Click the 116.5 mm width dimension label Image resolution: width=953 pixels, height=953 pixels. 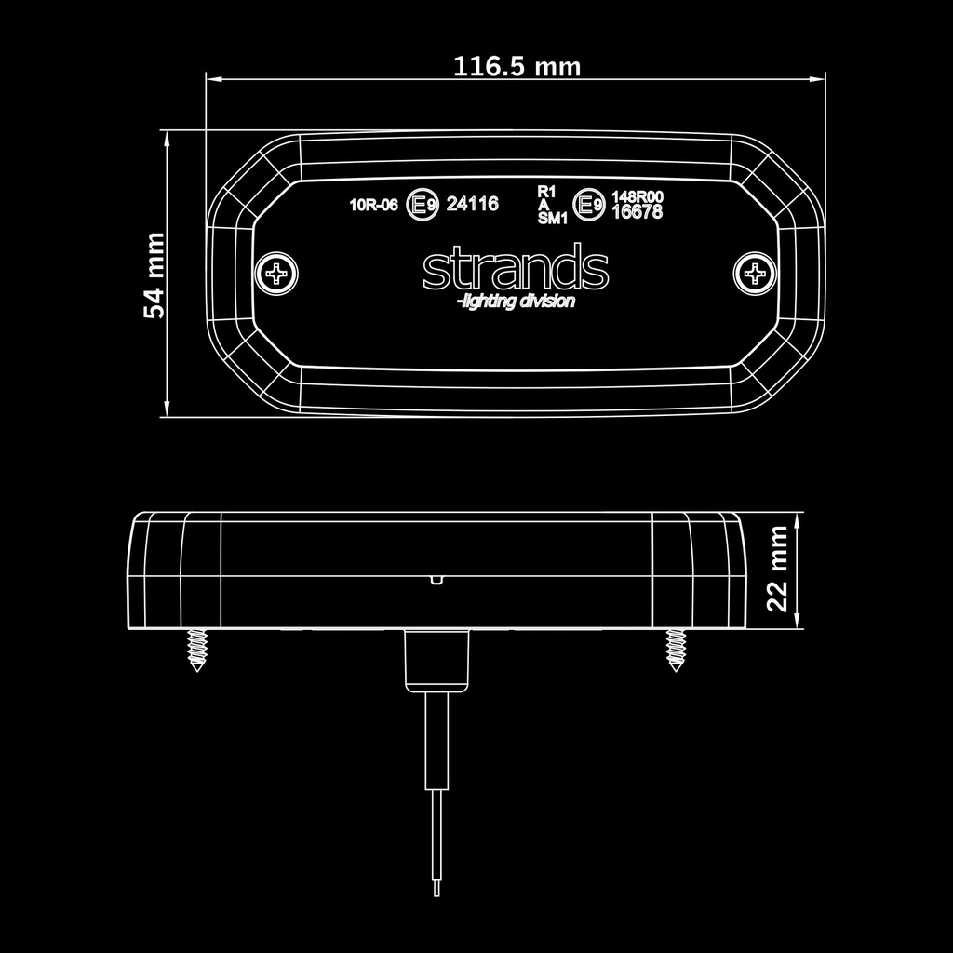tap(517, 66)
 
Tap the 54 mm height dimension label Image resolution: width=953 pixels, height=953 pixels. tap(154, 275)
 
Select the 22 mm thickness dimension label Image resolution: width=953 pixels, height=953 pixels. tap(777, 569)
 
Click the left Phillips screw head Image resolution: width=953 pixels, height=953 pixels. tap(276, 274)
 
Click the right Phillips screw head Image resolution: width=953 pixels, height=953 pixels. tap(755, 274)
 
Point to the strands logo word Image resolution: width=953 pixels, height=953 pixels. tap(516, 267)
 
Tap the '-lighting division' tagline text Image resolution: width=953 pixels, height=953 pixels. tap(516, 301)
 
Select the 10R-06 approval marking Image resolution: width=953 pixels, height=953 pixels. tap(373, 205)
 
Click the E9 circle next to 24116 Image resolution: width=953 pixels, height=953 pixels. tap(423, 204)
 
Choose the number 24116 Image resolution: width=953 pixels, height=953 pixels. tap(472, 204)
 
